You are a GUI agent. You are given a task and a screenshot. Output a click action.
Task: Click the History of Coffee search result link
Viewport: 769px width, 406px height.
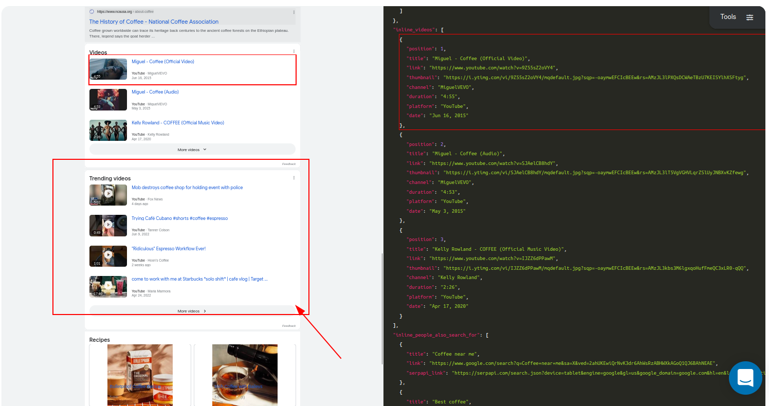click(x=154, y=22)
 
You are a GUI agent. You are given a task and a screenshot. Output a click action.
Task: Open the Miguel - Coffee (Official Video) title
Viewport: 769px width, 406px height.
click(x=163, y=62)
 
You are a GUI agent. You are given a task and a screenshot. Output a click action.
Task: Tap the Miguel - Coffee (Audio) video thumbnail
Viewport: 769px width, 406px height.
click(x=108, y=100)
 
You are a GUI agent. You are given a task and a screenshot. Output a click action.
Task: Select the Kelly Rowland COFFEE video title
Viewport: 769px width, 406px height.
click(x=178, y=123)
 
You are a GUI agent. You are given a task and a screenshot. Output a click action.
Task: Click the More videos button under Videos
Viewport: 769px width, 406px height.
click(x=192, y=150)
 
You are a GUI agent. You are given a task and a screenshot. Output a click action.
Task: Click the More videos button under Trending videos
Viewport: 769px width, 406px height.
click(x=192, y=311)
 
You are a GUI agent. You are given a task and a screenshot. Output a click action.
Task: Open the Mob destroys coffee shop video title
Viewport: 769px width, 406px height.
click(x=187, y=188)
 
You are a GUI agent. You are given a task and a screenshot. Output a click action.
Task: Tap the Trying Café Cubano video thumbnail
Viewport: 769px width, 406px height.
click(x=108, y=225)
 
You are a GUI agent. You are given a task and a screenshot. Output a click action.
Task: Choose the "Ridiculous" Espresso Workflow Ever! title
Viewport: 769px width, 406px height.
click(x=169, y=249)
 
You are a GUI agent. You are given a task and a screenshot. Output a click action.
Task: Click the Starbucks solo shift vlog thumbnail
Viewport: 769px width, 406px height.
click(x=108, y=286)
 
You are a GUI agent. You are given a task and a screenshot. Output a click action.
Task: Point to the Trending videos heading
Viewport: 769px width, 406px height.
click(x=110, y=178)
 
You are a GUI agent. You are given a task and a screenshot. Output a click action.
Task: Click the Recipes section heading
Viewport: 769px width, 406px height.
click(x=100, y=340)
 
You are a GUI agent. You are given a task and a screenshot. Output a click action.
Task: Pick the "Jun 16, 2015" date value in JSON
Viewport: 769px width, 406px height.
click(x=449, y=116)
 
